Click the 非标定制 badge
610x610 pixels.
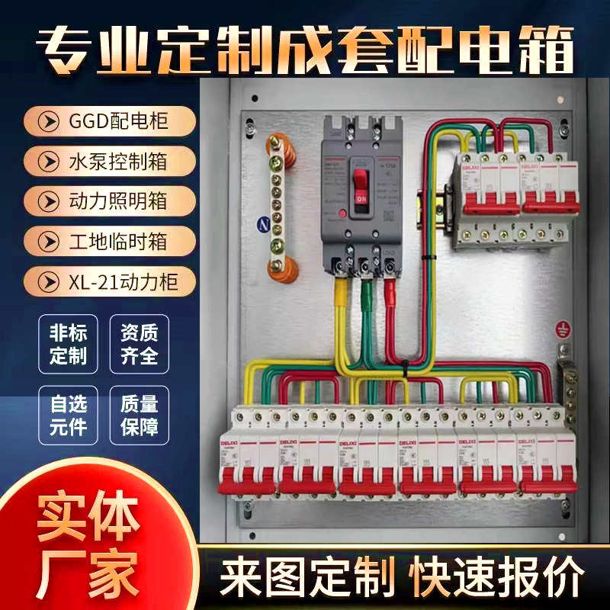(x=67, y=344)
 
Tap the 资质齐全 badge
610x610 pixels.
(x=139, y=344)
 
